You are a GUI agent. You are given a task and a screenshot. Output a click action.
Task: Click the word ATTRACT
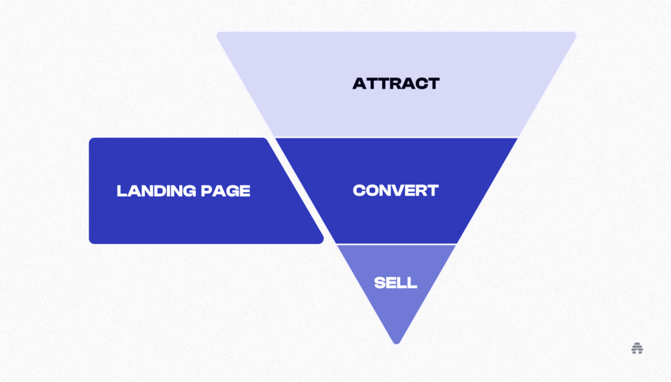point(396,83)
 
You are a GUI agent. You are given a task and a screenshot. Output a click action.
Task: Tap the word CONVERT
point(396,190)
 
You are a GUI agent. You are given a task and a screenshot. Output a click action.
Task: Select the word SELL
point(396,283)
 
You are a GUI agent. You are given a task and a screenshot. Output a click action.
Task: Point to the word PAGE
point(225,191)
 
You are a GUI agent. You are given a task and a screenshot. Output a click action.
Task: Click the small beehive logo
point(637,348)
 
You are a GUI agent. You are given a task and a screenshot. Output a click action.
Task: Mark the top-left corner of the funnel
point(218,33)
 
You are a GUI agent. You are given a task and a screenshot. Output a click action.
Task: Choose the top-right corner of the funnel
point(575,33)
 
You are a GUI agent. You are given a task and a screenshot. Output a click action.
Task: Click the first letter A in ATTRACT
point(359,83)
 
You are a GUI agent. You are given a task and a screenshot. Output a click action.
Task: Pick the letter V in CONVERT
point(403,190)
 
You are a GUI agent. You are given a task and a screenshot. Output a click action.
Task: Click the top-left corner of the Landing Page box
point(90,139)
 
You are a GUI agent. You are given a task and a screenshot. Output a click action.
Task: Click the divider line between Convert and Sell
point(396,244)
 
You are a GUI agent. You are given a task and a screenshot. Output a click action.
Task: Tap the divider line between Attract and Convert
point(396,138)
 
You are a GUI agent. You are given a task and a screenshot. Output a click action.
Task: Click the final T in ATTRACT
point(433,83)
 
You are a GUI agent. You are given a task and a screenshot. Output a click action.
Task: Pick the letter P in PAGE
point(207,191)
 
